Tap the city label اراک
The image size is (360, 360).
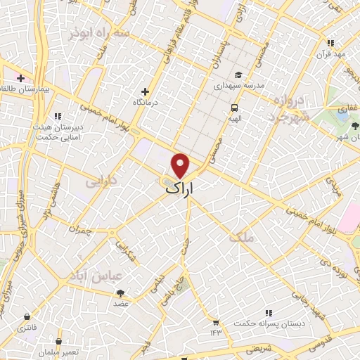tap(181, 188)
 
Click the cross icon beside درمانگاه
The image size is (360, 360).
tap(146, 91)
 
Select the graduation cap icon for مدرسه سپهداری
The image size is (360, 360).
tap(238, 75)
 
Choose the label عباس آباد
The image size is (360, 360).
tap(84, 274)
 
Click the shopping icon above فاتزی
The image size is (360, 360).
tap(27, 316)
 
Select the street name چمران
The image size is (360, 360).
tap(81, 229)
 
